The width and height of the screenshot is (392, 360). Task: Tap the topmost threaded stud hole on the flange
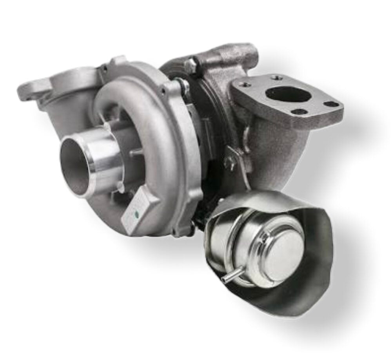pyautogui.click(x=277, y=78)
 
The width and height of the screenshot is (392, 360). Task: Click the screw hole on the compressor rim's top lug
pyautogui.click(x=104, y=69)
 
